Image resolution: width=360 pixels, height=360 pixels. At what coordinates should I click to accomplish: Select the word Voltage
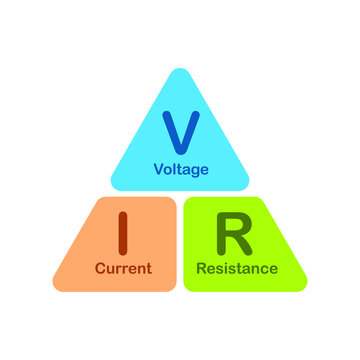(x=181, y=169)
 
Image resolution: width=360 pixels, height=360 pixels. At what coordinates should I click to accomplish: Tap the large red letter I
(x=124, y=233)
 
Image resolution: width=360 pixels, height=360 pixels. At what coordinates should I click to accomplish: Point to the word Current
(x=123, y=268)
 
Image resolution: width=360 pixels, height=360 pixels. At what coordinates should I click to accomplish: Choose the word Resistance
(x=237, y=268)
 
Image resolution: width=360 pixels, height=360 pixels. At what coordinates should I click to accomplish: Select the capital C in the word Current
(x=100, y=268)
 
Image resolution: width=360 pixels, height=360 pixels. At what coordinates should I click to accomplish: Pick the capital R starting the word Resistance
(x=202, y=268)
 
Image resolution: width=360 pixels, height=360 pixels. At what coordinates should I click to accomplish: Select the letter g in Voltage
(x=194, y=171)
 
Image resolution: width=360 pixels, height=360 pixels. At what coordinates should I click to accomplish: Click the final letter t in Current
(x=149, y=268)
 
